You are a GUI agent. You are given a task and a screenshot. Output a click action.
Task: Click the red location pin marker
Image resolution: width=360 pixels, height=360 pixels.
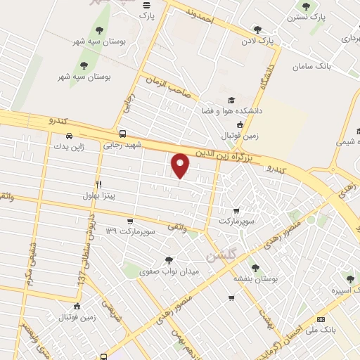(181, 165)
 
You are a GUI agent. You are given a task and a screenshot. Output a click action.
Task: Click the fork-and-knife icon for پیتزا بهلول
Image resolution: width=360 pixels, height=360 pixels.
(99, 184)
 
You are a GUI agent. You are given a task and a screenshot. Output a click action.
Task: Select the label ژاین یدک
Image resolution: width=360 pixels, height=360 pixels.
(70, 147)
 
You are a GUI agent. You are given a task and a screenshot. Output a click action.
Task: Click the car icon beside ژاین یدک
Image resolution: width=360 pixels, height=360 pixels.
(68, 136)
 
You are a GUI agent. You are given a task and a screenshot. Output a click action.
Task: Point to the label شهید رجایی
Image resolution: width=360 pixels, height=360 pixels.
(123, 145)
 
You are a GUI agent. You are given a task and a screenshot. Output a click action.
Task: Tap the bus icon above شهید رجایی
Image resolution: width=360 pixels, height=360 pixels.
(123, 134)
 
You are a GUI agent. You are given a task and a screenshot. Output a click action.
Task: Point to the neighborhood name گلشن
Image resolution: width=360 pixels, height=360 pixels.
(222, 248)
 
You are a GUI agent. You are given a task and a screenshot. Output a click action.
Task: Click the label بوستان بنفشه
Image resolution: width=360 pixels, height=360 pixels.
(256, 278)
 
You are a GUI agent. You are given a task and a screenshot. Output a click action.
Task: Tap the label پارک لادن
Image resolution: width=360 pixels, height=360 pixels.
(258, 41)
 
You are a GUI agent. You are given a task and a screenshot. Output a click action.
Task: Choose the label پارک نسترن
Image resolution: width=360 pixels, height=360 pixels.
(308, 17)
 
